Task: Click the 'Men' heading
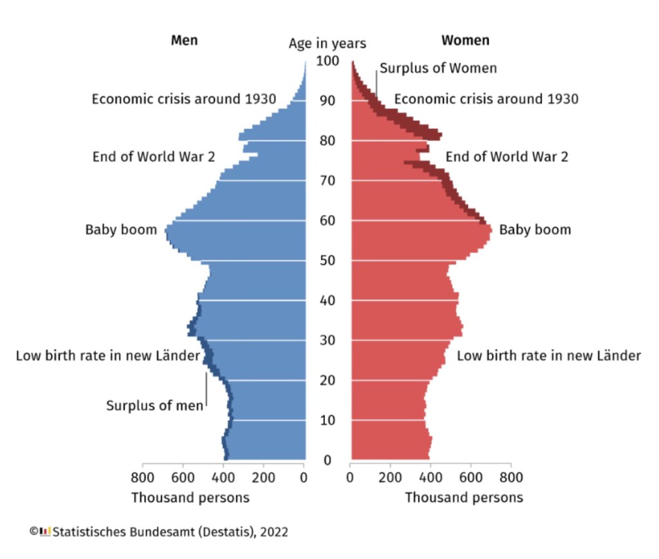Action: (184, 40)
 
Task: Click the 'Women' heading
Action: (465, 40)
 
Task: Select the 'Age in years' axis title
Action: (327, 44)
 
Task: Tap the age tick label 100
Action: (327, 61)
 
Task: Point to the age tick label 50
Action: (327, 261)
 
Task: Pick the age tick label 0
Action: (327, 460)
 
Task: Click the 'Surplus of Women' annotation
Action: (438, 68)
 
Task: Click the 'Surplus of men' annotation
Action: (154, 406)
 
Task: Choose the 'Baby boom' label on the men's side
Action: (121, 230)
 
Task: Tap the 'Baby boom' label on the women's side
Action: (535, 230)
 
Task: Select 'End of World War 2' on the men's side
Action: (154, 156)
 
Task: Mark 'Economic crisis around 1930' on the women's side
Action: (486, 99)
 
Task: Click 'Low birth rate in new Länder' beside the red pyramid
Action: (549, 355)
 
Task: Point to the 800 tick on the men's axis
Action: (142, 478)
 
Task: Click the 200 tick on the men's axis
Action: (264, 478)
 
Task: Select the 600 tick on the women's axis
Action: (470, 478)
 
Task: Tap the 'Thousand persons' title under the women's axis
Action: (464, 498)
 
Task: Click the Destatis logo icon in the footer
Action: (45, 531)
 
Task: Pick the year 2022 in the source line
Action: (275, 532)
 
